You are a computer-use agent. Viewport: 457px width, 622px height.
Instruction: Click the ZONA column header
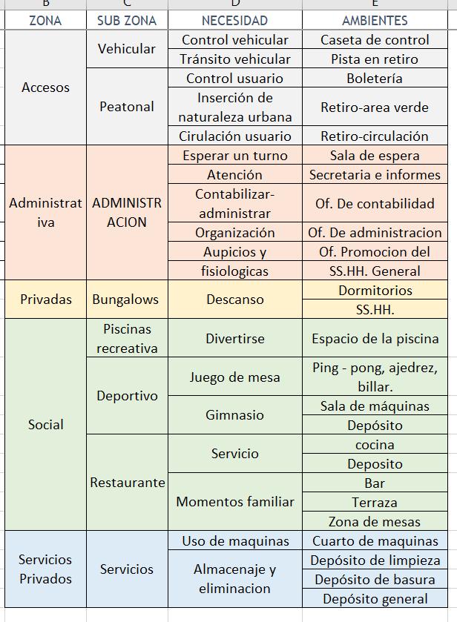(x=45, y=21)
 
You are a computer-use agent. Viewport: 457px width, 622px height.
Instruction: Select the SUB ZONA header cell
(x=127, y=21)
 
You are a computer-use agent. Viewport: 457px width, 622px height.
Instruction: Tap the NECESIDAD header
(x=234, y=21)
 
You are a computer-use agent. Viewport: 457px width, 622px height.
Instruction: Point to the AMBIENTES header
(x=375, y=21)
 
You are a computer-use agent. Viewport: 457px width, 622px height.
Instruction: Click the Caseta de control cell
(x=375, y=40)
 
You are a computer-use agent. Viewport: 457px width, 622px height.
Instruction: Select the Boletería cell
(x=375, y=79)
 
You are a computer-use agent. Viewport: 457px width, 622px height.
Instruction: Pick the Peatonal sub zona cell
(x=127, y=107)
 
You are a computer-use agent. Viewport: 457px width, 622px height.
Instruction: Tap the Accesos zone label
(x=45, y=87)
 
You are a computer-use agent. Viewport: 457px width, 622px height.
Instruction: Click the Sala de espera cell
(x=375, y=156)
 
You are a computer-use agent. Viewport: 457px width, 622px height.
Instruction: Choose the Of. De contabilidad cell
(x=375, y=203)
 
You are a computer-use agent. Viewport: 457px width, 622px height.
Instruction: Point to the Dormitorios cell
(x=375, y=291)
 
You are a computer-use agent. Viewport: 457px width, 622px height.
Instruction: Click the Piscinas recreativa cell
(x=127, y=338)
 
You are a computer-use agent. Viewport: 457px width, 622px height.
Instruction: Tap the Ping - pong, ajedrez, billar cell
(x=375, y=377)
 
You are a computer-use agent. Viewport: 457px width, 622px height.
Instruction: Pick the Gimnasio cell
(x=234, y=415)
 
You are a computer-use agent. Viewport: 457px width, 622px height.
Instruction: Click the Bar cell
(x=375, y=483)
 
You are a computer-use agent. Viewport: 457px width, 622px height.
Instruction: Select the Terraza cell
(x=375, y=503)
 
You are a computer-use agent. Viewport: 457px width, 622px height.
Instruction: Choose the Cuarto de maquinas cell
(x=375, y=541)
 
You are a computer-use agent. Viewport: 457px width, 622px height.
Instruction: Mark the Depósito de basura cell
(x=375, y=580)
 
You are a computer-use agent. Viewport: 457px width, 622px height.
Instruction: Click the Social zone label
(x=45, y=425)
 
